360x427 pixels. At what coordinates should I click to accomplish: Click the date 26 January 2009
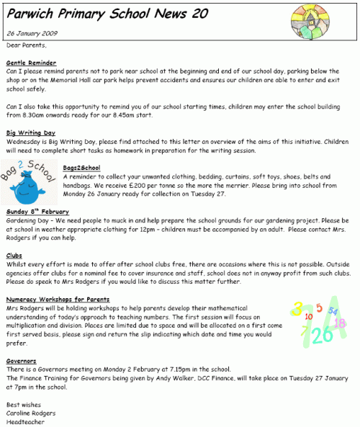point(31,34)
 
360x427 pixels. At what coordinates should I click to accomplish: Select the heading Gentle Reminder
point(31,63)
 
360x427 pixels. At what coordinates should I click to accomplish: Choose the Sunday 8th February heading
point(37,212)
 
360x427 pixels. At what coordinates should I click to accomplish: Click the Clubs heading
point(14,256)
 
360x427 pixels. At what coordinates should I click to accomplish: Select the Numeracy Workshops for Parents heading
point(57,299)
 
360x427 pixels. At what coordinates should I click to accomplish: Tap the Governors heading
point(21,360)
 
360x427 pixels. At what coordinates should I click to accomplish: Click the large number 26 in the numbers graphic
point(321,334)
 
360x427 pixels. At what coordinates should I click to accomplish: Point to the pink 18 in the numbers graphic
point(340,323)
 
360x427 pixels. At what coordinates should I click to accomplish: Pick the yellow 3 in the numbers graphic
point(297,310)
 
